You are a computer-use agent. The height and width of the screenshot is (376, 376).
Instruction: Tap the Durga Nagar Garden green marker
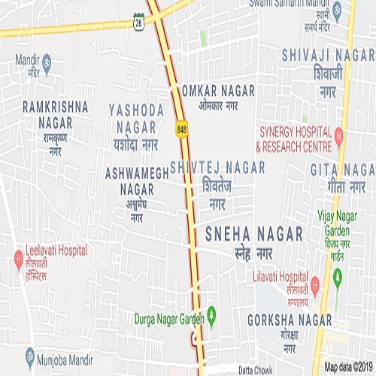coord(212,312)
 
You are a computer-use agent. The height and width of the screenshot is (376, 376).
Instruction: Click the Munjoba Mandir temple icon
coord(30,353)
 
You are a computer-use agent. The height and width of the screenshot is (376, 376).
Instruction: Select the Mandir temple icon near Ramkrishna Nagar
coord(47,60)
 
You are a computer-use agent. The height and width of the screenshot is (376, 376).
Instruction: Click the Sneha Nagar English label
coord(254,235)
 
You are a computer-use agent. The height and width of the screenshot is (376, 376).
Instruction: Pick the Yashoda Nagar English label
coord(136,118)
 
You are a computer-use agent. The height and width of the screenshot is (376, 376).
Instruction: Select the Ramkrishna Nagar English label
coord(56,111)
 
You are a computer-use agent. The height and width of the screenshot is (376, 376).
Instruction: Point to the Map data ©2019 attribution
coord(348,368)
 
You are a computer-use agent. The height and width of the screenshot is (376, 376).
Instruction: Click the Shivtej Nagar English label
coord(217,165)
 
